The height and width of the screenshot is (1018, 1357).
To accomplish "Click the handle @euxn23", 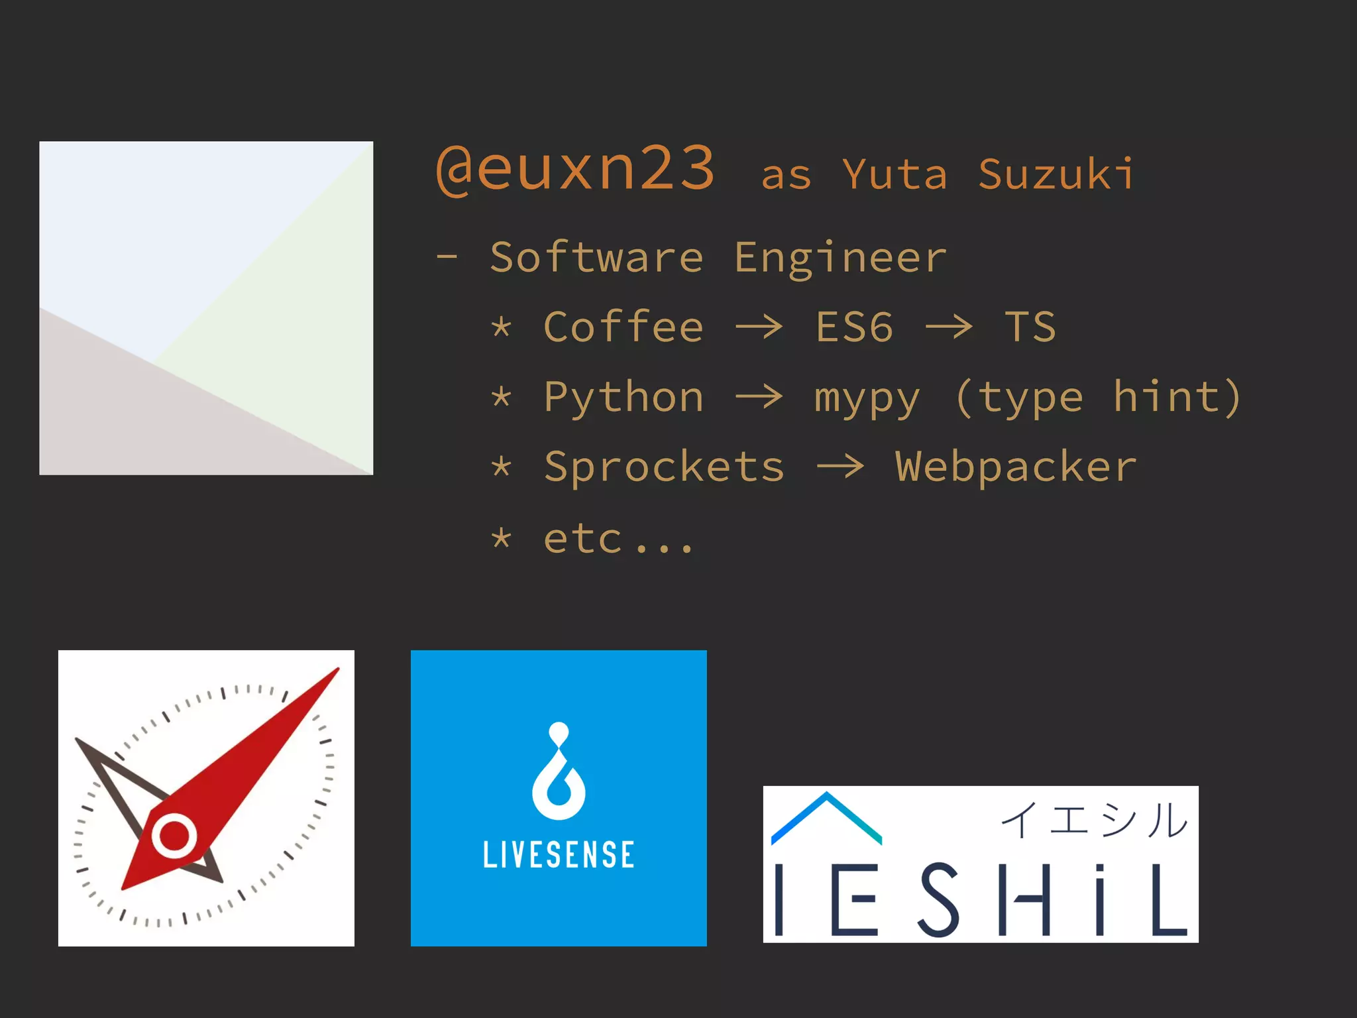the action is (x=575, y=169).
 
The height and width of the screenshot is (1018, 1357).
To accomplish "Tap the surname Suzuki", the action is (x=1056, y=174).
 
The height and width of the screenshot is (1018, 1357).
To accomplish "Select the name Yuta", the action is (x=895, y=174).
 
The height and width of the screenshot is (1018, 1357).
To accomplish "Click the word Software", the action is (x=596, y=257).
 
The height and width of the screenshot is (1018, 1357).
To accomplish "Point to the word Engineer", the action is (x=840, y=258).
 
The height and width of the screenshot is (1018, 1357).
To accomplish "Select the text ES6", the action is (x=854, y=327).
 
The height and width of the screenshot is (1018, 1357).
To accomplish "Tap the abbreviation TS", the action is (x=1030, y=327).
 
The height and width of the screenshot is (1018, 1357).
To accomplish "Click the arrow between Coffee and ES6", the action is (x=759, y=327).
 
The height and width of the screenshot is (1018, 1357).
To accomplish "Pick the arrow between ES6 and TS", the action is (x=949, y=327).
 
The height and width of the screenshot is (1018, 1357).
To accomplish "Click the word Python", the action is (x=623, y=398).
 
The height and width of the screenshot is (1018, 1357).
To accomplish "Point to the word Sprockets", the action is (x=664, y=467).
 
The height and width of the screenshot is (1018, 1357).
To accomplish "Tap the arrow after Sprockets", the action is (x=840, y=467).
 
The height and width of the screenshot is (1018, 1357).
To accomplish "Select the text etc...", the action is (x=583, y=538).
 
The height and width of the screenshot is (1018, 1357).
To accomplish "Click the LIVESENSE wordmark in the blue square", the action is (x=559, y=854).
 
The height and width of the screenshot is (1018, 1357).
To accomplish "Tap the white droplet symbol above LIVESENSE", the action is (x=559, y=772).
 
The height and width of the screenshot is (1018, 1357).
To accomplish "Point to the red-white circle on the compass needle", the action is (x=174, y=836).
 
